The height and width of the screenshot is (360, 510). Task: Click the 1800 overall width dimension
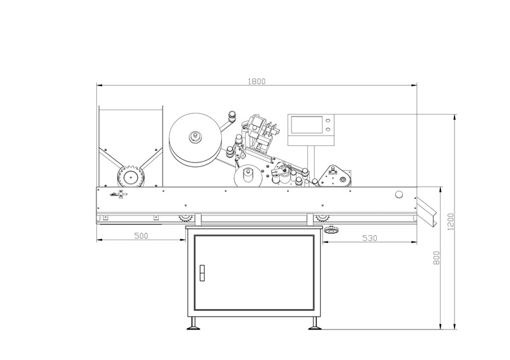click(257, 81)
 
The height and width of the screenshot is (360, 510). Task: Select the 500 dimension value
click(141, 236)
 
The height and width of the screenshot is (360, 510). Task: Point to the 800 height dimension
click(437, 257)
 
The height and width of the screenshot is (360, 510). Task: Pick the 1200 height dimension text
click(451, 222)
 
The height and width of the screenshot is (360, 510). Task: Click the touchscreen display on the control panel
click(304, 124)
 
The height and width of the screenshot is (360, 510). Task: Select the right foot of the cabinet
click(314, 328)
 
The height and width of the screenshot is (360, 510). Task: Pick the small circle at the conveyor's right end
click(399, 194)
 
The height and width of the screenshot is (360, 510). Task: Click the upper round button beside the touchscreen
click(328, 119)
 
